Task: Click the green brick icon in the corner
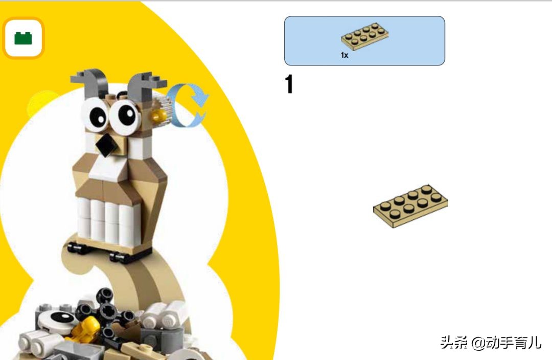(x=23, y=38)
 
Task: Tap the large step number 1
(x=289, y=84)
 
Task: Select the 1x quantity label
(x=344, y=55)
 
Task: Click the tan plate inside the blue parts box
(x=365, y=37)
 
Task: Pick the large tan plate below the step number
(x=410, y=206)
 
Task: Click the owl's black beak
(x=107, y=145)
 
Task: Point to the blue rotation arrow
(x=189, y=105)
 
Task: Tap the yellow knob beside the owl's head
(x=159, y=116)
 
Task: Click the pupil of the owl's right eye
(x=127, y=115)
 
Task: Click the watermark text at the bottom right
(x=490, y=342)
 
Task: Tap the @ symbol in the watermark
(x=479, y=343)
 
